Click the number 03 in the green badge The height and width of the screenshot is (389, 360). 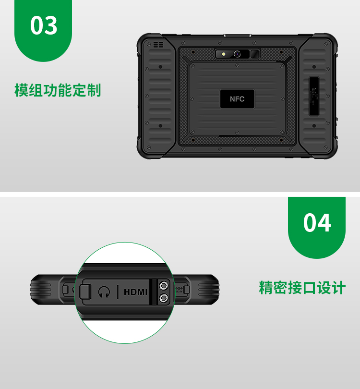coord(44,25)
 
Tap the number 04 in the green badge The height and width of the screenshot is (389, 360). coord(317,222)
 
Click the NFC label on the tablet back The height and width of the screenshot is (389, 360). coord(237,99)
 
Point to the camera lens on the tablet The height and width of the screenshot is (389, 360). coord(237,54)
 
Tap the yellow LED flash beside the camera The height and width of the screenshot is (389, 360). coord(224,54)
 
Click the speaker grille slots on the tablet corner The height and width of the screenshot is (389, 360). coord(158,45)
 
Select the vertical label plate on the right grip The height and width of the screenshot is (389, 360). coord(314,96)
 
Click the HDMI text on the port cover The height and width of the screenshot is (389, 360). coord(136,292)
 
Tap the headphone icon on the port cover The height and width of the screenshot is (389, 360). coord(104,292)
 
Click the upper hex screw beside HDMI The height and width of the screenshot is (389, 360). coord(163,286)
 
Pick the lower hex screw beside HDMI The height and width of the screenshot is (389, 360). coord(163,298)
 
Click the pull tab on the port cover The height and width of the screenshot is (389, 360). coord(85,292)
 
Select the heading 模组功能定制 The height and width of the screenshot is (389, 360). coord(58,90)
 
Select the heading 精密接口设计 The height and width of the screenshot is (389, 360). coord(302,288)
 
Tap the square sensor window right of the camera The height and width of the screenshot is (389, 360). coord(255,54)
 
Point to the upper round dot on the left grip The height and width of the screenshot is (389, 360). coord(160,67)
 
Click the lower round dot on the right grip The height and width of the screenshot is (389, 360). coord(314,126)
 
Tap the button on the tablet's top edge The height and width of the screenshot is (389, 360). coord(237,36)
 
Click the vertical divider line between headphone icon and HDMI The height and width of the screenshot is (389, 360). coord(118,292)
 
